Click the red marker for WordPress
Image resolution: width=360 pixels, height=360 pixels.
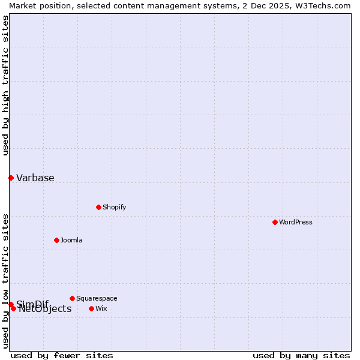(275, 222)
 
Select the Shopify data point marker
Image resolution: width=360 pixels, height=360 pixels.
(98, 207)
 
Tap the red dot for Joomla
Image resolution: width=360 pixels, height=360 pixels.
(56, 240)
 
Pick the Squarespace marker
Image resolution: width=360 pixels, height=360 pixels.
(72, 298)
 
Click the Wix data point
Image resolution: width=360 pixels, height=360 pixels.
(91, 308)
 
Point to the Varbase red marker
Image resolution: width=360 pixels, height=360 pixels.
(11, 178)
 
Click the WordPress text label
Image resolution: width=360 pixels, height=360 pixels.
(296, 222)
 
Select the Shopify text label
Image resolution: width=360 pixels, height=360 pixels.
(114, 207)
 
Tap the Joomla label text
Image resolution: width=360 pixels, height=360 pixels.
(71, 240)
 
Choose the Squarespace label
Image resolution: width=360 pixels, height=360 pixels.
(97, 298)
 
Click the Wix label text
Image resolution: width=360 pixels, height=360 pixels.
(101, 308)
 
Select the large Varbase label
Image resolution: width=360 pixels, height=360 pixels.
(35, 178)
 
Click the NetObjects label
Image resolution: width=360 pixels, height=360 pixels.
(45, 310)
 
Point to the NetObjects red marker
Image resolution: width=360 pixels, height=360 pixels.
(13, 308)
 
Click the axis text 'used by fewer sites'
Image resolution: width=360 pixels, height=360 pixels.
(62, 355)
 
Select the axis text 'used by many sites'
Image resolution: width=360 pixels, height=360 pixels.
(301, 355)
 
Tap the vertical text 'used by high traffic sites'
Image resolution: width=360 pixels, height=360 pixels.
(6, 85)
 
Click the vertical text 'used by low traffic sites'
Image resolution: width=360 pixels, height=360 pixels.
(6, 281)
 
